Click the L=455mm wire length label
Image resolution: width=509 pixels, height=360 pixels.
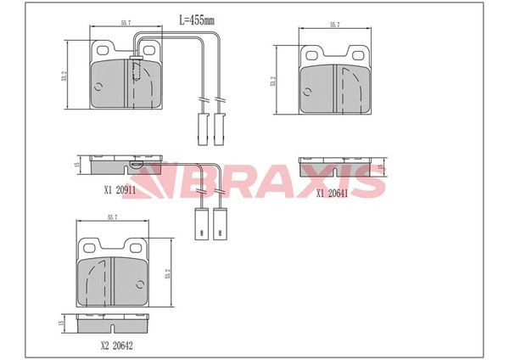(x=197, y=20)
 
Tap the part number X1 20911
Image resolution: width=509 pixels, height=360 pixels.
(x=120, y=190)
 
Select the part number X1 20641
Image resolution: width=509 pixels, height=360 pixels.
(x=332, y=194)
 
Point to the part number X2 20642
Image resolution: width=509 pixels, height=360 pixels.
(x=116, y=346)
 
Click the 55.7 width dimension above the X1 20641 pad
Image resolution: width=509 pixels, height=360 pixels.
(x=335, y=25)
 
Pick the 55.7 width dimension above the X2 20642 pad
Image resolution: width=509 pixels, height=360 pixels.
(x=112, y=217)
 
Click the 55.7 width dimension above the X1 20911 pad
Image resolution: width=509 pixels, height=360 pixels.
(x=126, y=23)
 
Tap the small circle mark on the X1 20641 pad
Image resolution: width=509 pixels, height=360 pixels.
(x=307, y=92)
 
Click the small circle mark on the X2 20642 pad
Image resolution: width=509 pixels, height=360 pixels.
(x=140, y=284)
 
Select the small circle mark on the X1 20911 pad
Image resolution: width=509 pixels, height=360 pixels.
(x=98, y=87)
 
